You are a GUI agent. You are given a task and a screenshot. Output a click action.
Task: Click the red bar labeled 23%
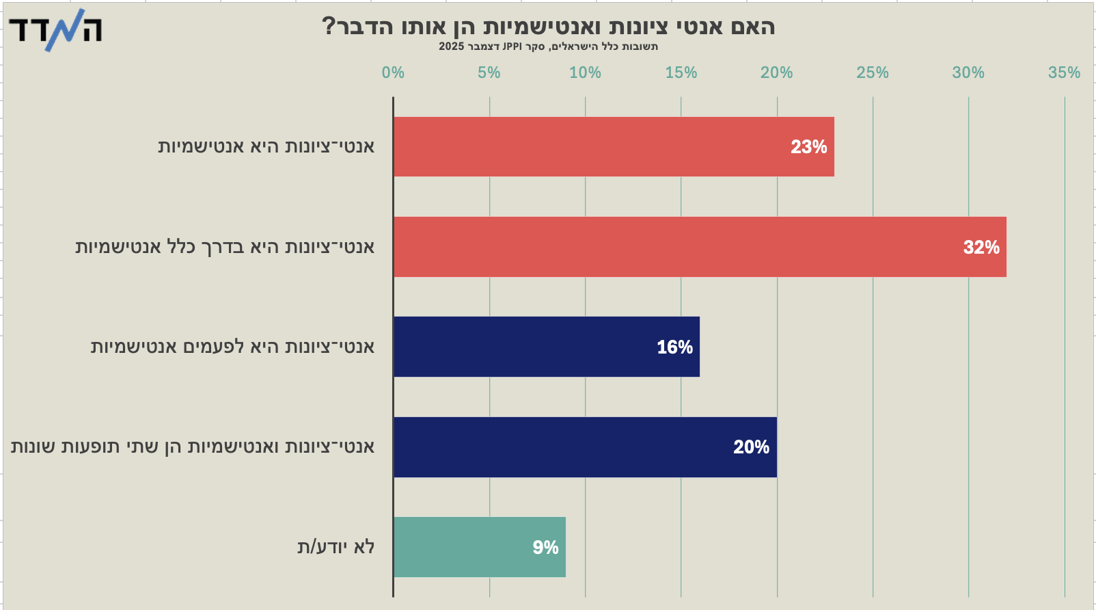614,146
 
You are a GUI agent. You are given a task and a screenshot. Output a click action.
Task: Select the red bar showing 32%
700,247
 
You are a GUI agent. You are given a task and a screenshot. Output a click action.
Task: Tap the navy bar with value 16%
547,347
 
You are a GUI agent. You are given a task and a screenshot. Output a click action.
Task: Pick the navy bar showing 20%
585,447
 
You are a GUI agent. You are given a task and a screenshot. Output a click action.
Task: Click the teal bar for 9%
480,547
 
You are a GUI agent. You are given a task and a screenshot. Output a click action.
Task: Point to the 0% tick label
393,72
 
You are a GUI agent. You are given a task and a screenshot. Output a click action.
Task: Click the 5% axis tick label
489,72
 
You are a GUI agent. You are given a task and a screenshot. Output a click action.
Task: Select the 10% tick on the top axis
585,72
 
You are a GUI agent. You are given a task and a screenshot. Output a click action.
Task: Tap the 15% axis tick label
681,72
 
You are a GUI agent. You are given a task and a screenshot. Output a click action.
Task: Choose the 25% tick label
873,72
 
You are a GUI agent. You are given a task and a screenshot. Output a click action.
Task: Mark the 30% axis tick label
968,72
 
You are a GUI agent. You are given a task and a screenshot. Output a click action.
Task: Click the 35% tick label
1064,72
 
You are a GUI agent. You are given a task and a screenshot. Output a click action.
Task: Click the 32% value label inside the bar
981,247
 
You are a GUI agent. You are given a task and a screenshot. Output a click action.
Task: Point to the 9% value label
545,547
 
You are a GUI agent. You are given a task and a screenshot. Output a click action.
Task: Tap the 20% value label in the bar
751,447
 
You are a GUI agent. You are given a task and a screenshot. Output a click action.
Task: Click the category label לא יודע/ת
335,547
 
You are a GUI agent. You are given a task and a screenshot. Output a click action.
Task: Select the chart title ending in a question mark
548,27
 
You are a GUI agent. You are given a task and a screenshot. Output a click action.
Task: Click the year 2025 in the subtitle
451,47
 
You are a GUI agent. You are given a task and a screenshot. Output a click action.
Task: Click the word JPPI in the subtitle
512,47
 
